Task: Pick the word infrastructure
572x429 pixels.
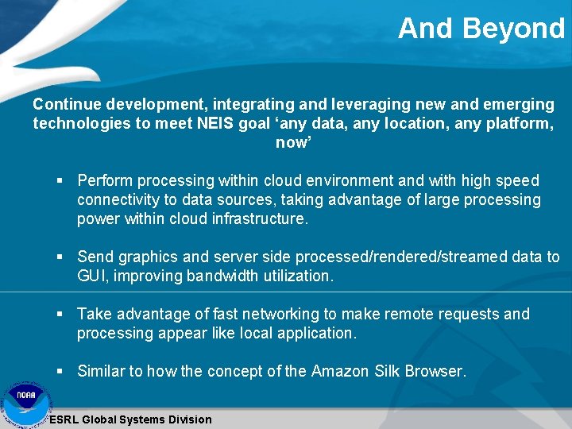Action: tap(258, 219)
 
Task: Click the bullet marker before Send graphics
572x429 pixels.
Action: tap(60, 257)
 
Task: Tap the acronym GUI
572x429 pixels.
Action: tap(91, 276)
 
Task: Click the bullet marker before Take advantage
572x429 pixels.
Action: tap(60, 315)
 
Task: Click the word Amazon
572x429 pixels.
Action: tap(342, 371)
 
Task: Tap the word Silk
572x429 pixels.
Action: tap(388, 371)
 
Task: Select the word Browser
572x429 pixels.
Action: tap(435, 371)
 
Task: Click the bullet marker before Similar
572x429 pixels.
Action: tap(60, 371)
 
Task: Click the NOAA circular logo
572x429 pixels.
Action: tap(25, 404)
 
